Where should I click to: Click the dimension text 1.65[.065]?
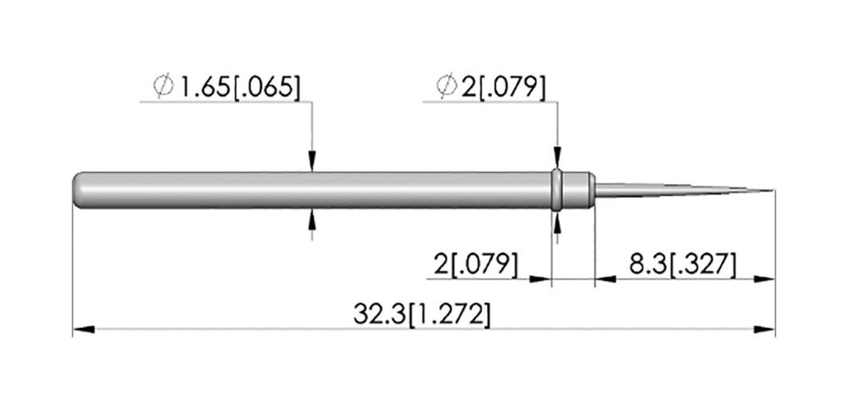[x=239, y=87]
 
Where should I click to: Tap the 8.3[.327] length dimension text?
[x=682, y=265]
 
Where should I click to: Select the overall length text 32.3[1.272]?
[x=422, y=314]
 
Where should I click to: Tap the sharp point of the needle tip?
[x=773, y=191]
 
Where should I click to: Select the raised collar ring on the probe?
[x=557, y=190]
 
